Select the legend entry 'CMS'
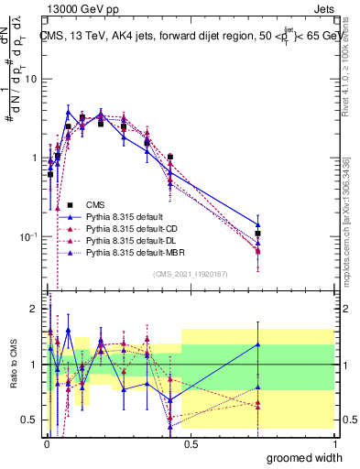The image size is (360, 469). tap(97, 204)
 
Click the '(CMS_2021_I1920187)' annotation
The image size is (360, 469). tap(190, 273)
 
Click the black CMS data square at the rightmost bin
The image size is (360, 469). tap(258, 234)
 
